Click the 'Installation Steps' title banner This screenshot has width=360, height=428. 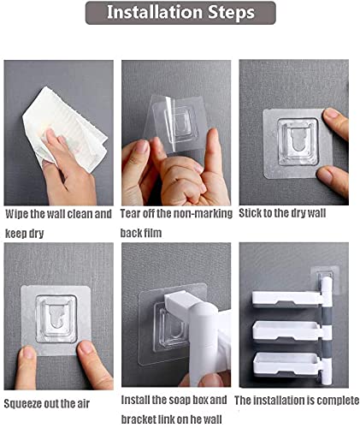pyautogui.click(x=180, y=13)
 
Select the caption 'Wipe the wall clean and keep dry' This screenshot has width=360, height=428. pyautogui.click(x=58, y=221)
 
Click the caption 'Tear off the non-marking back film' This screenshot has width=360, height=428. pyautogui.click(x=176, y=221)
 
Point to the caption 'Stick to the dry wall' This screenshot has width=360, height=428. pyautogui.click(x=283, y=212)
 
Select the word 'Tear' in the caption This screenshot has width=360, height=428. pyautogui.click(x=133, y=213)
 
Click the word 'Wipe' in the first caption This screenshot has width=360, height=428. pyautogui.click(x=18, y=213)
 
